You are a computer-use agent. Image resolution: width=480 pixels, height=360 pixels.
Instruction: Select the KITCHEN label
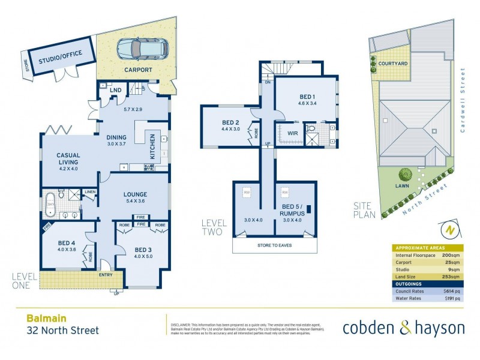153,146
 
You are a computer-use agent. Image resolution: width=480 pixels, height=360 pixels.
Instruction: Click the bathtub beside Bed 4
51,205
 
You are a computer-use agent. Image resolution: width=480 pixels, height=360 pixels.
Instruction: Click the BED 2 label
230,122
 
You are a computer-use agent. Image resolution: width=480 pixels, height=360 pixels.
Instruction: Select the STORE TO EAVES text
275,245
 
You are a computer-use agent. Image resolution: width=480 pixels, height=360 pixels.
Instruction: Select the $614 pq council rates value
451,292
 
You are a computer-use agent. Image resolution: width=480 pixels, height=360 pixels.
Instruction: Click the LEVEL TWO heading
214,227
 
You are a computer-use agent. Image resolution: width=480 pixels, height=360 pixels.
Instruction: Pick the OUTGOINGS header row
427,284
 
